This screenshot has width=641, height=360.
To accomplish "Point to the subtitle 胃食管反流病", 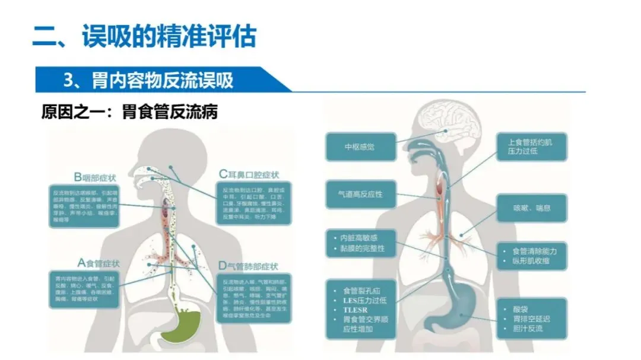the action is tap(170, 111).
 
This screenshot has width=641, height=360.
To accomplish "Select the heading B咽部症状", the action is tap(96, 177).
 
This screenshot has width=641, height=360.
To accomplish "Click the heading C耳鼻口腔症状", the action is tap(249, 174).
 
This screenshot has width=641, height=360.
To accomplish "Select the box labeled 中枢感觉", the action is tap(360, 147).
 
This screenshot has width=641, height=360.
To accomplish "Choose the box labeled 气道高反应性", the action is tap(360, 194).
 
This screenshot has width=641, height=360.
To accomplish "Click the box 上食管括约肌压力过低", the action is tap(531, 147).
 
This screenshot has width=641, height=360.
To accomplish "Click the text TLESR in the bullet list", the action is tap(356, 310).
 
